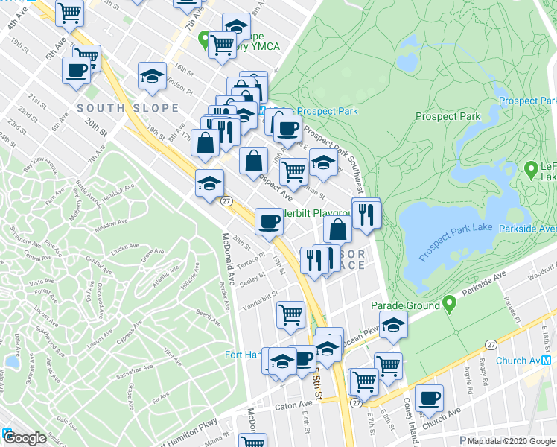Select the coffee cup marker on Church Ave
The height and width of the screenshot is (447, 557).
[x=428, y=398]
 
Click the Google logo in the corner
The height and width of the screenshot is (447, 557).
[x=25, y=439]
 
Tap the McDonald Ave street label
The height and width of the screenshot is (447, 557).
[x=229, y=261]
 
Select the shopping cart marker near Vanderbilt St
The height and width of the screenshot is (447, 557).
[x=290, y=314]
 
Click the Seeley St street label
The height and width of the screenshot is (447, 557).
[x=253, y=276]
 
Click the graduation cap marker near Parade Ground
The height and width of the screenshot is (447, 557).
[x=393, y=324]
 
